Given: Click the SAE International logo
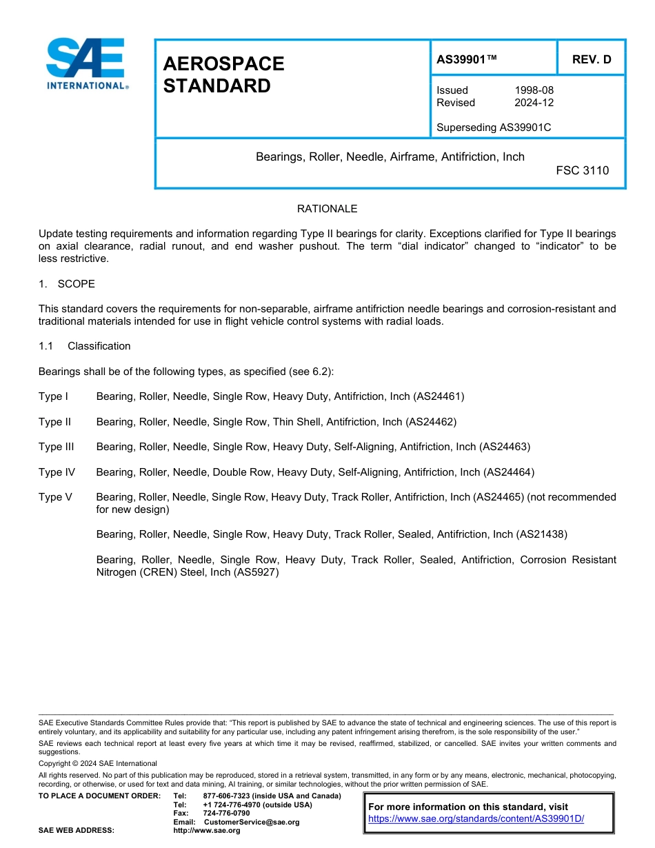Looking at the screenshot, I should (x=85, y=63).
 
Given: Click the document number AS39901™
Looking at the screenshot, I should (x=467, y=59).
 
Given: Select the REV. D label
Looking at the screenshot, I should (x=592, y=59).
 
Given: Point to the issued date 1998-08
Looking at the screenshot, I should (x=534, y=90).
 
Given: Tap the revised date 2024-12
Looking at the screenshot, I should (x=534, y=103).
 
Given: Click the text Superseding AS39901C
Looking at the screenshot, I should (x=494, y=128).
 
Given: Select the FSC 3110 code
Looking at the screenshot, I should (x=583, y=170).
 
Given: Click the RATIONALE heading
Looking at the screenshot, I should (x=327, y=209).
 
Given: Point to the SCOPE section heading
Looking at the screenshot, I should (x=77, y=284).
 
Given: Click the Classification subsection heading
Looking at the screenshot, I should (x=99, y=346).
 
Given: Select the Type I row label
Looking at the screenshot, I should (x=53, y=396).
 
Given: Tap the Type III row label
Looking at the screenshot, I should (x=56, y=447).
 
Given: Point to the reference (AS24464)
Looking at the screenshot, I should (x=509, y=472).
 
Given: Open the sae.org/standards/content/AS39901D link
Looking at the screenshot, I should (x=476, y=818).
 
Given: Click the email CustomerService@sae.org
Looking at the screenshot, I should (x=252, y=822).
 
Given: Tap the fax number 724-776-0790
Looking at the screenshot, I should (x=226, y=814).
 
